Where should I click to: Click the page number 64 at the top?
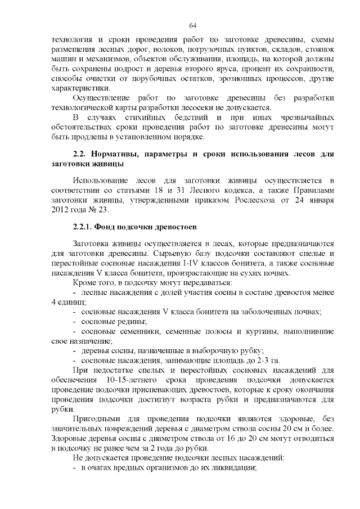pos(192,25)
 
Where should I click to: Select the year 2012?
pos(60,211)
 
